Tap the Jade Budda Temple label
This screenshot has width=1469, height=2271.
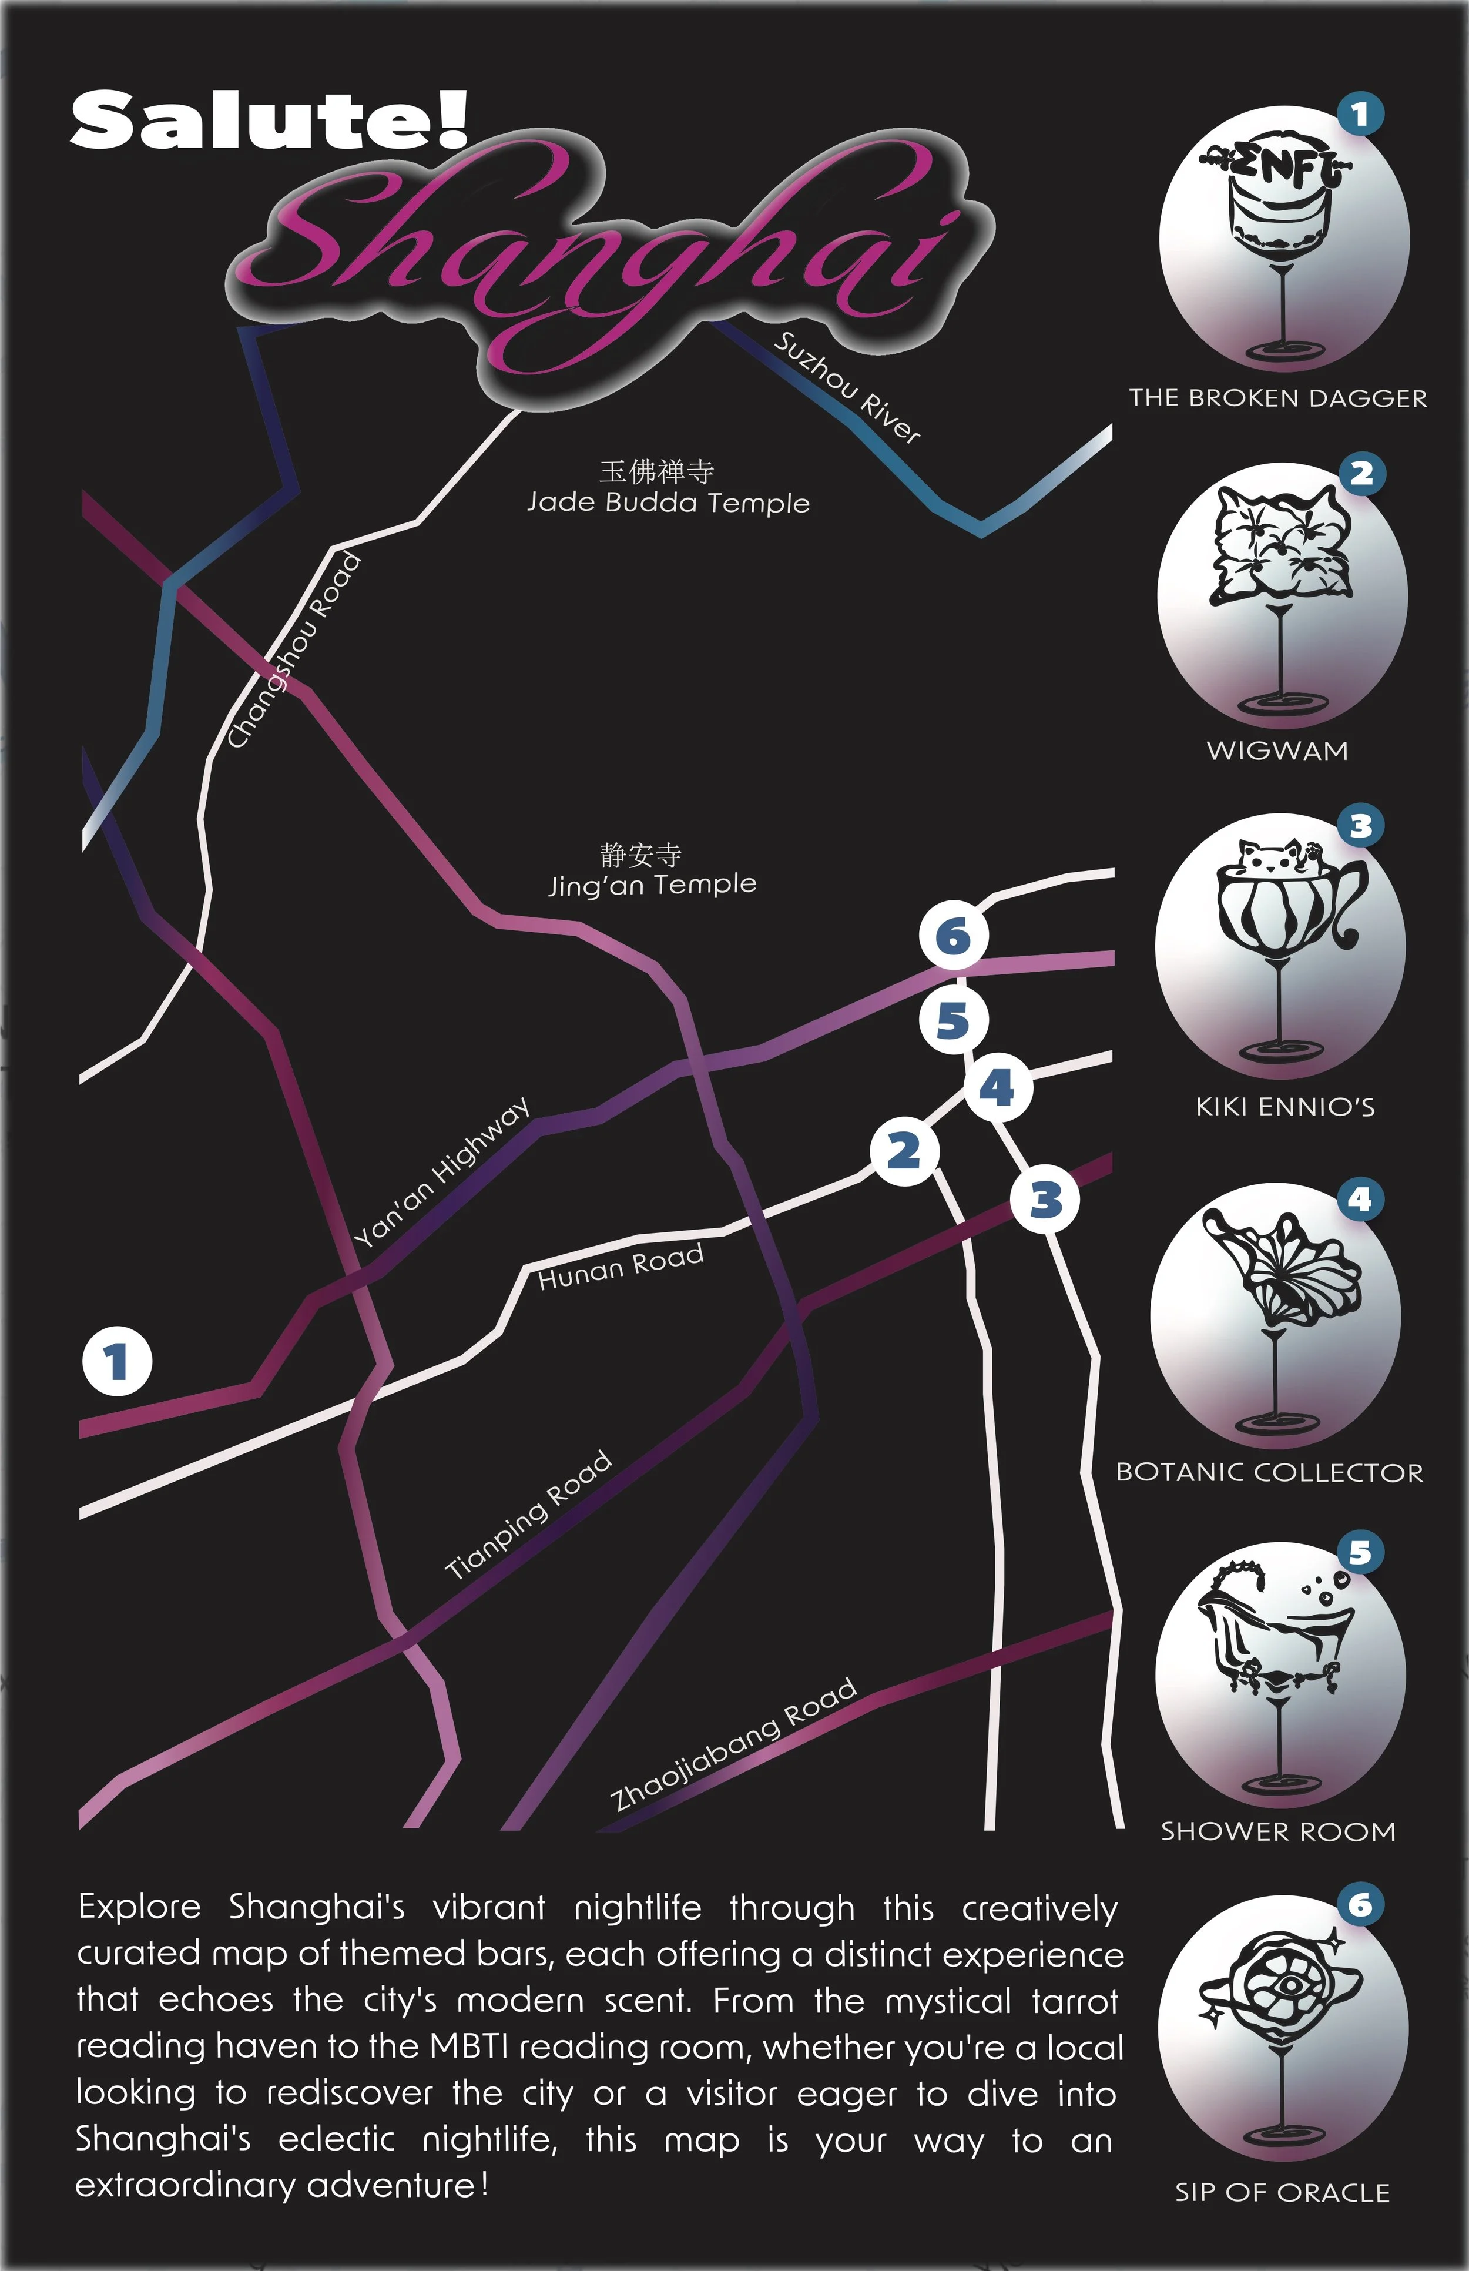click(668, 502)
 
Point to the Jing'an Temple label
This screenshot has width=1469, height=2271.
click(652, 885)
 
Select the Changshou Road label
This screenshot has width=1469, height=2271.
click(295, 651)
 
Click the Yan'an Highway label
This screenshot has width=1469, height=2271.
click(442, 1174)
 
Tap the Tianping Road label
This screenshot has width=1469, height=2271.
click(528, 1515)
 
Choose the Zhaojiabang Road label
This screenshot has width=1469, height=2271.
click(733, 1744)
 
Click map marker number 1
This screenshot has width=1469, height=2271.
click(116, 1362)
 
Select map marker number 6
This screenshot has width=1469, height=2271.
click(953, 936)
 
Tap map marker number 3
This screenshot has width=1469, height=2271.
click(1045, 1200)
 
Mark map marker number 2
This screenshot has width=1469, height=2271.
click(903, 1151)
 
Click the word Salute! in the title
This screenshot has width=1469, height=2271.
click(270, 120)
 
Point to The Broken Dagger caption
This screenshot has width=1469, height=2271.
click(1278, 398)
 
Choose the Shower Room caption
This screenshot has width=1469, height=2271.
click(1278, 1832)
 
